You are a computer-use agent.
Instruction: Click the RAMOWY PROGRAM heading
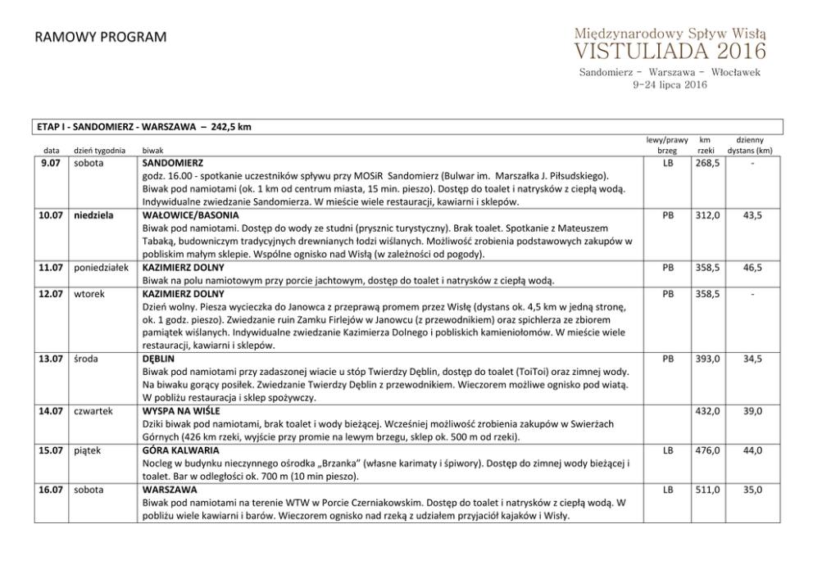coord(101,38)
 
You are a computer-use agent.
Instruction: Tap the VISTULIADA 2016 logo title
coord(670,52)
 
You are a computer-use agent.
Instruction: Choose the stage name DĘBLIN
coord(158,358)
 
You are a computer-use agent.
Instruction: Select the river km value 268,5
coord(707,163)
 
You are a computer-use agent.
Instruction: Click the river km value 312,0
coord(707,215)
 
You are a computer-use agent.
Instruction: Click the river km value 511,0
coord(707,490)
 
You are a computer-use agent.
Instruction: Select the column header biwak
coord(153,151)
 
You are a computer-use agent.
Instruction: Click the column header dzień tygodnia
coord(99,151)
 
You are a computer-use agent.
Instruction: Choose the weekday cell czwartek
coord(93,410)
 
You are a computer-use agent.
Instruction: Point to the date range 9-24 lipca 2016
coord(670,84)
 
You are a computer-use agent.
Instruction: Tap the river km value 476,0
coord(707,450)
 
